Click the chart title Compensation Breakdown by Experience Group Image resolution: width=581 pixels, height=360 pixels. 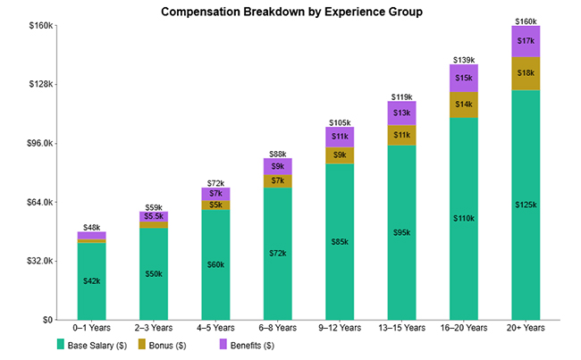click(x=290, y=13)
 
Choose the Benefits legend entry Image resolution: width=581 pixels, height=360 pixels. click(x=248, y=345)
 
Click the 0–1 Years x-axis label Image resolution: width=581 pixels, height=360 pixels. click(x=91, y=329)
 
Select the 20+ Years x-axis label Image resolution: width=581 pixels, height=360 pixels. click(x=526, y=329)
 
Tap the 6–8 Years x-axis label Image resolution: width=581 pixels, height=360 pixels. click(x=277, y=329)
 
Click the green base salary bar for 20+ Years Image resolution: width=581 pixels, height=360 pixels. click(x=526, y=205)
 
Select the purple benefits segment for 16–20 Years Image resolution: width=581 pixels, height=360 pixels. click(x=464, y=79)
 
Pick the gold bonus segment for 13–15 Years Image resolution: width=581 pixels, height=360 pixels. click(x=401, y=135)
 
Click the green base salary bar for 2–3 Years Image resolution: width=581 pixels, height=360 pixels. click(x=153, y=273)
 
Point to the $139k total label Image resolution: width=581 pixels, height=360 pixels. click(x=464, y=60)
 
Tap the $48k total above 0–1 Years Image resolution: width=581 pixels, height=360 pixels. click(x=91, y=227)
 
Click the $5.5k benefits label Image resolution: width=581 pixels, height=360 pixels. click(x=153, y=216)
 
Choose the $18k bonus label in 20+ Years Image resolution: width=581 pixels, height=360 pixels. click(x=526, y=73)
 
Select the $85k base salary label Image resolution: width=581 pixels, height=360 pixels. click(x=340, y=241)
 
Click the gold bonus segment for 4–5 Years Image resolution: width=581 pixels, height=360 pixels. click(x=215, y=205)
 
